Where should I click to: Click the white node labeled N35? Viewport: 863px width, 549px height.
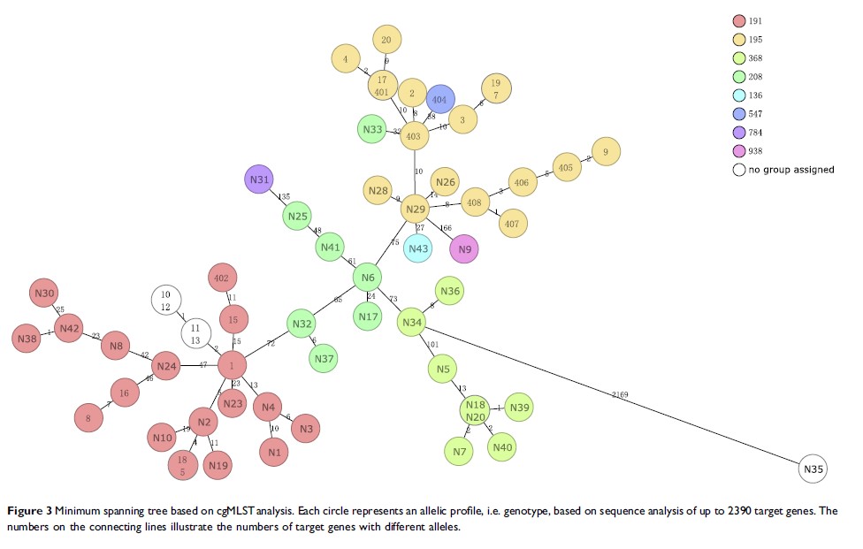813,469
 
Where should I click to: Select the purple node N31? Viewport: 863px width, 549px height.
259,179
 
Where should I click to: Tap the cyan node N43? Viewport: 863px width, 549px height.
418,248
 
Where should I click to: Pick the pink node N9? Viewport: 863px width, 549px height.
464,249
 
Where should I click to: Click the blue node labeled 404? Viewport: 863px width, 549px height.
440,100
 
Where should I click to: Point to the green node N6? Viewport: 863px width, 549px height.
367,278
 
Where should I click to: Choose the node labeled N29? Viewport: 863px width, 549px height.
415,210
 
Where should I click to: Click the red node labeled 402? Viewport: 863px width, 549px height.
221,278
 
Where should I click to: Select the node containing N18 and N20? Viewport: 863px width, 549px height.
476,409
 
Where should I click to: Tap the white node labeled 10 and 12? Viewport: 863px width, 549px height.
165,300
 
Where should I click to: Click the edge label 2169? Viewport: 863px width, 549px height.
619,393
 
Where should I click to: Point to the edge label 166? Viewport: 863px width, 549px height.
445,228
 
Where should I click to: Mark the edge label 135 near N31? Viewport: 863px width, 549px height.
284,196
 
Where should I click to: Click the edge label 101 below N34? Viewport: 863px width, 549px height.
433,344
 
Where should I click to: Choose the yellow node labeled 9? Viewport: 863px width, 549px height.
606,152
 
